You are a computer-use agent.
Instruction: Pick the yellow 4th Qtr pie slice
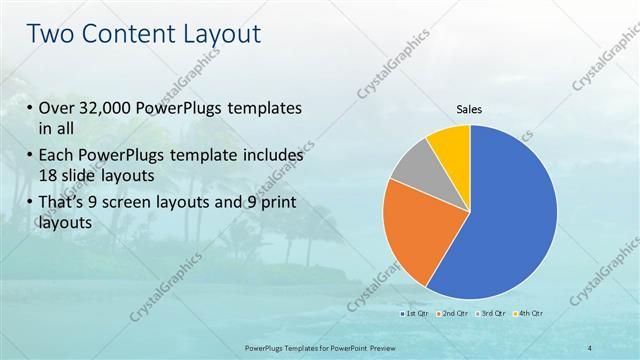click(451, 144)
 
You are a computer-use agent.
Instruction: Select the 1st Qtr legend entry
click(417, 314)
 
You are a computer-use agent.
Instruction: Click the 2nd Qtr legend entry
click(455, 314)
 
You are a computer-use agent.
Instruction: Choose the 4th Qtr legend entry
click(530, 314)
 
